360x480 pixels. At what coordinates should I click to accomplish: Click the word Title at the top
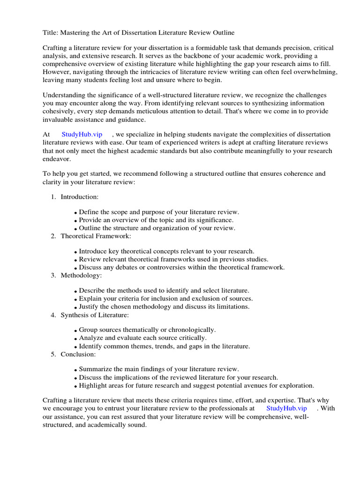click(50, 32)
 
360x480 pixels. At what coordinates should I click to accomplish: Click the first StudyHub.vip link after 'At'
click(82, 135)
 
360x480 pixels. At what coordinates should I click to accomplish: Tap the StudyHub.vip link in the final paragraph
click(286, 408)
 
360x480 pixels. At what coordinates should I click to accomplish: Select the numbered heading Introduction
click(80, 197)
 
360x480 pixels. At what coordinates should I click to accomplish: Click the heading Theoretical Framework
click(96, 236)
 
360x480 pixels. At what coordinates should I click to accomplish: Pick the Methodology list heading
click(81, 275)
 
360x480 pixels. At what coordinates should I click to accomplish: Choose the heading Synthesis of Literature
click(94, 315)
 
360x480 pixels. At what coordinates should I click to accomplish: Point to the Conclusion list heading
click(78, 354)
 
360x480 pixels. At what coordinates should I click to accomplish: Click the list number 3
click(53, 275)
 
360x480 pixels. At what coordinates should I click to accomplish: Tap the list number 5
click(53, 354)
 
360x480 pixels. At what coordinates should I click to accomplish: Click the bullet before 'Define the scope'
click(75, 213)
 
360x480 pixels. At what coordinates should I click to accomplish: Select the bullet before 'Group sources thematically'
click(75, 331)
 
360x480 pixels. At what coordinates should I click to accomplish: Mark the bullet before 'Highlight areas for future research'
click(75, 386)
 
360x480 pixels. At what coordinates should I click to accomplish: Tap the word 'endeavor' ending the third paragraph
click(57, 159)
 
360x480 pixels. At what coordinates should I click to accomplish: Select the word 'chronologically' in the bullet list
click(193, 330)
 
